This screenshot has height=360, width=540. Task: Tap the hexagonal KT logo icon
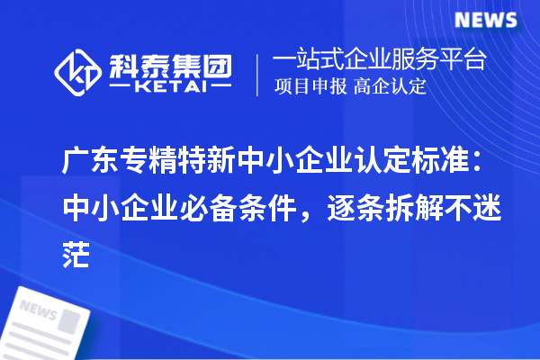78,72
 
